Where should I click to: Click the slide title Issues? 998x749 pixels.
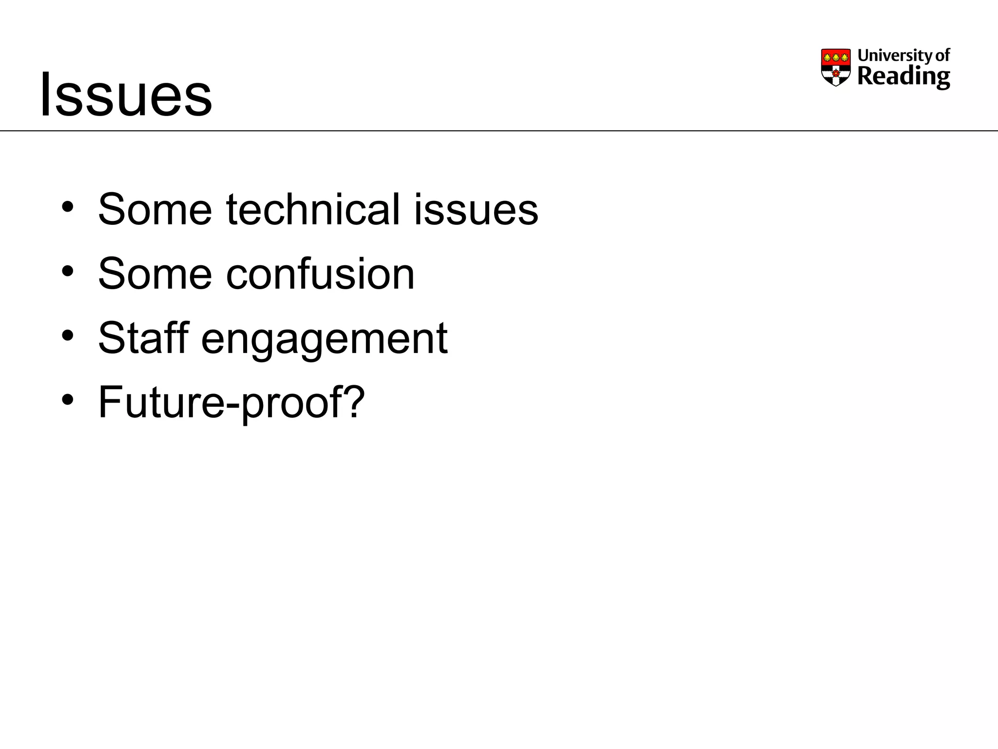click(126, 95)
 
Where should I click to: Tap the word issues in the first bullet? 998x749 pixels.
click(476, 210)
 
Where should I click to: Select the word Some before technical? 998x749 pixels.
click(155, 210)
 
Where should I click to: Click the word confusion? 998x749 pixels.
click(320, 274)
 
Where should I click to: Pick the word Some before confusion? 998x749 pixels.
click(155, 274)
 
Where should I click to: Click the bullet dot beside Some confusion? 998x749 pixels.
click(67, 272)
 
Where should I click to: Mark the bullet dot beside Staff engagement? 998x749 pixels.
click(67, 336)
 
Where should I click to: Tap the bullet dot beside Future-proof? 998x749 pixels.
click(67, 400)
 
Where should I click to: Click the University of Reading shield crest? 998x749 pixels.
click(836, 67)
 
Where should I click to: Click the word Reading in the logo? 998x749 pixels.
click(903, 77)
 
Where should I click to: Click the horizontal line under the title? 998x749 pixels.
click(499, 131)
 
